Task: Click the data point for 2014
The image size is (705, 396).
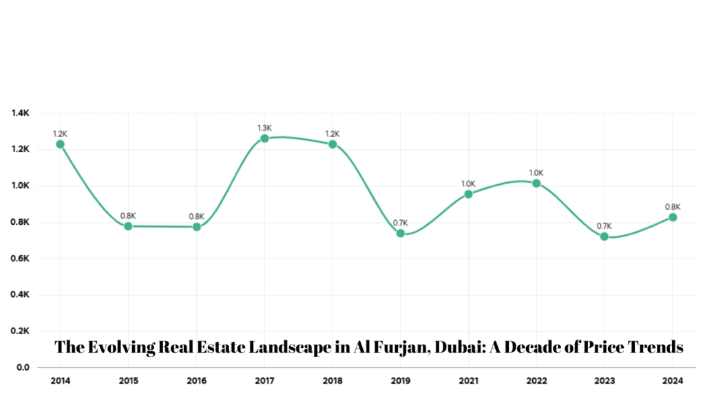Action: click(61, 144)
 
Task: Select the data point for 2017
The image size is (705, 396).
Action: click(264, 138)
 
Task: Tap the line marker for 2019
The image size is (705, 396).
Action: click(401, 233)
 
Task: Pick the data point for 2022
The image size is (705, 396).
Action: click(536, 183)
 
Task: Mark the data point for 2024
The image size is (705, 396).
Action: click(673, 217)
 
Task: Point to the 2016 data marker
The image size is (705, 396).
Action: click(197, 226)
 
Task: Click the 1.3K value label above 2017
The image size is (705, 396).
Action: click(264, 128)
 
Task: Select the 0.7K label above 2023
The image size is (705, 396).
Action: click(604, 226)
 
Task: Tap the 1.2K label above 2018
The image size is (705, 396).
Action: click(333, 134)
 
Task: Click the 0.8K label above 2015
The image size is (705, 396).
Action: click(128, 216)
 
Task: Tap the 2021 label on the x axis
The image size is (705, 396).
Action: click(468, 379)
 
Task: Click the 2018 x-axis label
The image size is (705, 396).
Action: click(333, 379)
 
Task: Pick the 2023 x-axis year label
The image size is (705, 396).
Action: click(604, 379)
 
